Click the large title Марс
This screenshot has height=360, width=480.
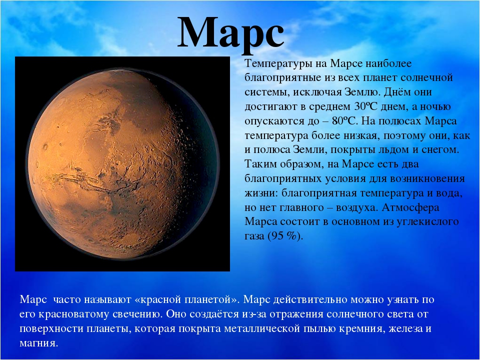click(231, 32)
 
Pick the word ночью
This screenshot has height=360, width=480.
click(435, 107)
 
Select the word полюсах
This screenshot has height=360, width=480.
click(400, 121)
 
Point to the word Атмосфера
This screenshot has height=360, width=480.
click(410, 207)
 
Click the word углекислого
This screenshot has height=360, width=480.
click(427, 222)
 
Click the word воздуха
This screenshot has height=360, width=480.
click(357, 208)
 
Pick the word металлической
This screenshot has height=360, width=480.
click(261, 328)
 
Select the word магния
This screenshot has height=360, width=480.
click(38, 343)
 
